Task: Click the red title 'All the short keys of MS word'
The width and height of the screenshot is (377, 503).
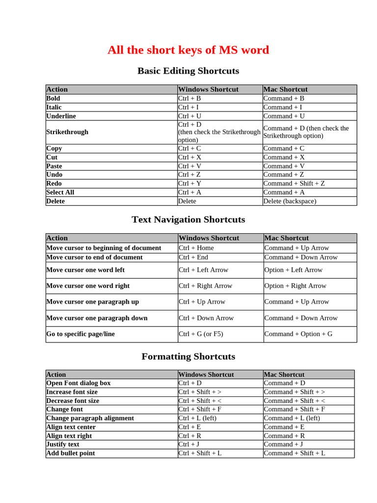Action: click(x=188, y=50)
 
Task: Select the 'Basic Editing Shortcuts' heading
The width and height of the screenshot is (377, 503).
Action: click(x=188, y=71)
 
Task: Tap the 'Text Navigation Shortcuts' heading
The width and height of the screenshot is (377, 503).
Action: click(x=188, y=220)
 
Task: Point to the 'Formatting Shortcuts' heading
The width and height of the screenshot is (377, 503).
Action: click(x=188, y=357)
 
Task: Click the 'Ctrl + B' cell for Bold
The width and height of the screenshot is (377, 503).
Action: click(x=189, y=98)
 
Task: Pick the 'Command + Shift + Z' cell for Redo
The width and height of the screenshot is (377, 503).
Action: click(x=294, y=183)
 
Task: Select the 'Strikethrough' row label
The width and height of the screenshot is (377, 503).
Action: click(x=67, y=132)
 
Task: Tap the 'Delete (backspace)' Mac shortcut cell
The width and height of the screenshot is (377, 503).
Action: click(x=290, y=201)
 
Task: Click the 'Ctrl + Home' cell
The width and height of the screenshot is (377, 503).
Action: click(x=196, y=248)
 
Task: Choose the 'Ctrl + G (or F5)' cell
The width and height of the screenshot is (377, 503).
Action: click(x=201, y=334)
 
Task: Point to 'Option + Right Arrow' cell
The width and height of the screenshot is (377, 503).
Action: click(x=295, y=286)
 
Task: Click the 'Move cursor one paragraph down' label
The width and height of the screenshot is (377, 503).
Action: click(x=97, y=318)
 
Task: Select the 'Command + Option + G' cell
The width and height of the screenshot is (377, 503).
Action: click(x=298, y=334)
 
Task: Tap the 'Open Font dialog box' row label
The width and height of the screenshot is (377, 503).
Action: click(x=79, y=383)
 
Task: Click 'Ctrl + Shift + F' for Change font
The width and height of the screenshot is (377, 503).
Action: click(x=200, y=409)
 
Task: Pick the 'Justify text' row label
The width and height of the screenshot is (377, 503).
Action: click(x=63, y=445)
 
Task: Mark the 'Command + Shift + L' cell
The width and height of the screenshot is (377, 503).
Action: click(x=295, y=453)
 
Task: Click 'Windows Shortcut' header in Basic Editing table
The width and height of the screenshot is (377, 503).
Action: click(x=208, y=89)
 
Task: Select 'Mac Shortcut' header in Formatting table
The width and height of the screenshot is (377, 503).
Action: click(x=284, y=374)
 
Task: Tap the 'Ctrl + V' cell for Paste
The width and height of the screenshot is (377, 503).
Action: click(x=189, y=166)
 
